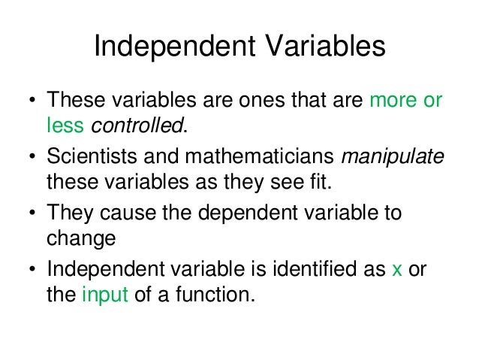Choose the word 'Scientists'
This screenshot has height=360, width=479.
[89, 158]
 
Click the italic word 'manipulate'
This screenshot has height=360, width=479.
[393, 158]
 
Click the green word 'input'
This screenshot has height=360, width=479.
[106, 295]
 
